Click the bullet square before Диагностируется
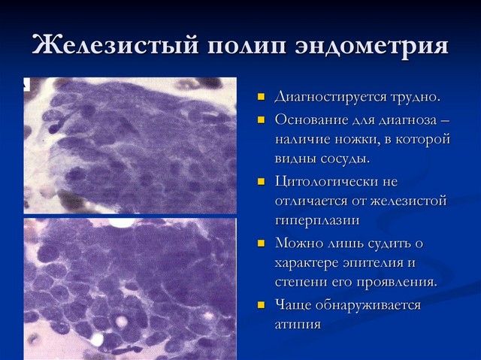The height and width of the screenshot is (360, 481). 262,98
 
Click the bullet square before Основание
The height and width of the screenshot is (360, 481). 262,119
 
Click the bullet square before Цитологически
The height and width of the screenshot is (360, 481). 262,181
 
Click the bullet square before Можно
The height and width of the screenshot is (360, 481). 262,243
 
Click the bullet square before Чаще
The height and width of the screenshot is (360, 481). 262,305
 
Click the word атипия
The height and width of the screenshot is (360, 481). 298,325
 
